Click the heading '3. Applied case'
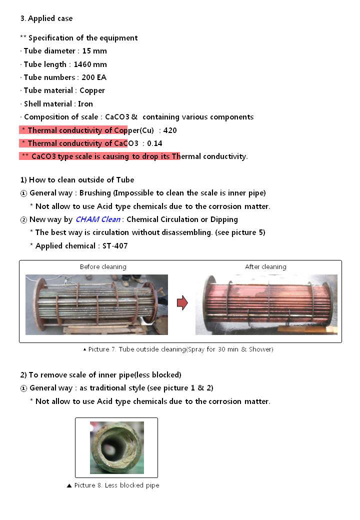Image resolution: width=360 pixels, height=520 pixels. [46, 18]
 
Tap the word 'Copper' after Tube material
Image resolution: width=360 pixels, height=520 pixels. [92, 90]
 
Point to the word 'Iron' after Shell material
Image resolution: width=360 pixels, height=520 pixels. [85, 104]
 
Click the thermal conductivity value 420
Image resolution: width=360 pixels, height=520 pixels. [170, 130]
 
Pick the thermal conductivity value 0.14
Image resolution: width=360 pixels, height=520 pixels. [154, 143]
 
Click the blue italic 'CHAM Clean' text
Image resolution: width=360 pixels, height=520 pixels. [98, 219]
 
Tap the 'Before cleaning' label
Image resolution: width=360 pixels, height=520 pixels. [103, 267]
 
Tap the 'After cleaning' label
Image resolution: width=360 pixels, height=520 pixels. [265, 267]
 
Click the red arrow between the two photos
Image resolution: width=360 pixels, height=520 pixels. [182, 302]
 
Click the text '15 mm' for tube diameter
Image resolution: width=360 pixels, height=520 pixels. [94, 51]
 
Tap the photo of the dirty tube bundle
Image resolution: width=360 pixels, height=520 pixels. [96, 304]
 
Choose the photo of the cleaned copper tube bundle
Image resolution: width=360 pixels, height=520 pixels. [266, 304]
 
